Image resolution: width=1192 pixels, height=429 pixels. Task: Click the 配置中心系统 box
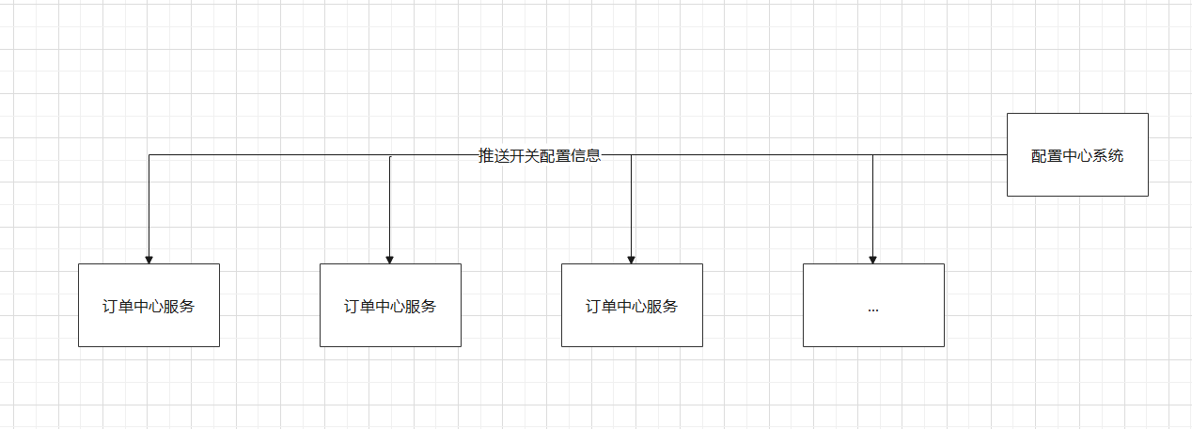point(1077,154)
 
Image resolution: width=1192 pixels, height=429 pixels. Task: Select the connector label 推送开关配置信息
point(540,156)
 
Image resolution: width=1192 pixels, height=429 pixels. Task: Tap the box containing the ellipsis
point(873,305)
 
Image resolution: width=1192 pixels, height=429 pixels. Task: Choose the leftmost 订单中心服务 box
point(149,305)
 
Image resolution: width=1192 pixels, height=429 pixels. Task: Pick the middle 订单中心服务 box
point(390,305)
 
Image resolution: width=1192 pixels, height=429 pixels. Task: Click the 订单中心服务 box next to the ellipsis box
point(632,305)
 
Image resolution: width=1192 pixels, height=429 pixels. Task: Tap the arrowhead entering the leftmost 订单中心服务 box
point(149,259)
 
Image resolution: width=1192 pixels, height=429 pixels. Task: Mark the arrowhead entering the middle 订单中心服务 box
point(390,259)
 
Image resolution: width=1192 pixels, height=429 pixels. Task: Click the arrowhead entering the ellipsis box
point(873,259)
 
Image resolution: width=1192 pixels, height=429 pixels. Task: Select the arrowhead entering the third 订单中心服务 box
point(632,259)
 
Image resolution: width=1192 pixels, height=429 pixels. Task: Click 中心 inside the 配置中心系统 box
point(1077,156)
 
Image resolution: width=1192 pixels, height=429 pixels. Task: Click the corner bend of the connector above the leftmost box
point(149,155)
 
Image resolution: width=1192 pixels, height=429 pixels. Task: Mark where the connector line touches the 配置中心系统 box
point(1007,154)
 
